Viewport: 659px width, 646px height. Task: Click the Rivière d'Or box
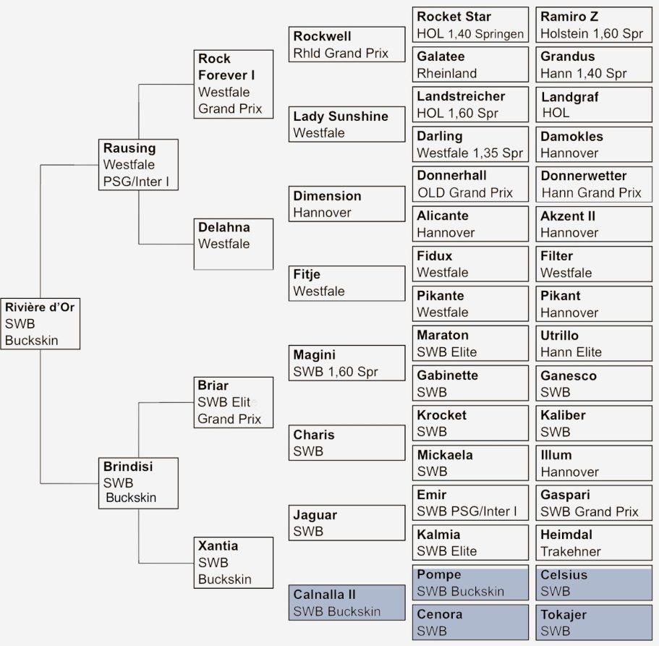[41, 323]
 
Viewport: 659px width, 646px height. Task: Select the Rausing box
[140, 165]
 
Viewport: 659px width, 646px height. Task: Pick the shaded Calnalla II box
[346, 603]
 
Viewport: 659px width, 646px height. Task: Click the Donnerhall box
[471, 184]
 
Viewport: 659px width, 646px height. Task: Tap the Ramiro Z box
[594, 25]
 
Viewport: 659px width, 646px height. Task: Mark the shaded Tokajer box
[594, 623]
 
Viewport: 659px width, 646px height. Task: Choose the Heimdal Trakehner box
[594, 543]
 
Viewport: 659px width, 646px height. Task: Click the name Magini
[314, 355]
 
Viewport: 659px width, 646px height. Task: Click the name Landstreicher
[461, 96]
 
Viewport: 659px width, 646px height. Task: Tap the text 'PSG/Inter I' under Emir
[483, 511]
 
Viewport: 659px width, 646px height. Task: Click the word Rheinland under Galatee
[446, 73]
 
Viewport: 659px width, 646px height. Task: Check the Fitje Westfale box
[346, 283]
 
